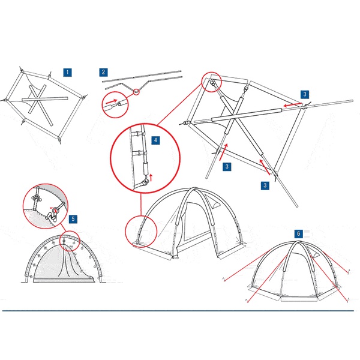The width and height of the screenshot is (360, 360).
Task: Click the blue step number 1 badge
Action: click(67, 73)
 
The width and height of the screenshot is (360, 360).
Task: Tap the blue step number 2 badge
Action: click(103, 72)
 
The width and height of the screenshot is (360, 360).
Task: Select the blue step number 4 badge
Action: click(155, 140)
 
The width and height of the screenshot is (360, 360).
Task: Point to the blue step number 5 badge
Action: click(73, 219)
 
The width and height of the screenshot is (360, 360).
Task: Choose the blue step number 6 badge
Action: click(299, 234)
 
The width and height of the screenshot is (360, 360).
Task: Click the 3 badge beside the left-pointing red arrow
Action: click(305, 94)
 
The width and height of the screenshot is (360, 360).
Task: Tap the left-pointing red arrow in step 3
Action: click(292, 105)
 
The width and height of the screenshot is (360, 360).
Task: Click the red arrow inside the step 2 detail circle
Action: click(112, 101)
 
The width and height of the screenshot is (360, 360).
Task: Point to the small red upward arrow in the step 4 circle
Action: click(151, 178)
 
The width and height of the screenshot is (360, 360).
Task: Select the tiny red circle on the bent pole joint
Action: click(136, 92)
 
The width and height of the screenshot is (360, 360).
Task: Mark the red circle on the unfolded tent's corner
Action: click(211, 82)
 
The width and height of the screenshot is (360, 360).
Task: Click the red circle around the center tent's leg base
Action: click(141, 231)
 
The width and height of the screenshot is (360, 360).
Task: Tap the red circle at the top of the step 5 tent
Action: click(70, 241)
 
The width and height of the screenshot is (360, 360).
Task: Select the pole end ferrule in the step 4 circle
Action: click(146, 169)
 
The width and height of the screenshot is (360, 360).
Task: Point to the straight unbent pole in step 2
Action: click(142, 76)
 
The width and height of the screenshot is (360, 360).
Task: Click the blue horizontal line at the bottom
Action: click(178, 311)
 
